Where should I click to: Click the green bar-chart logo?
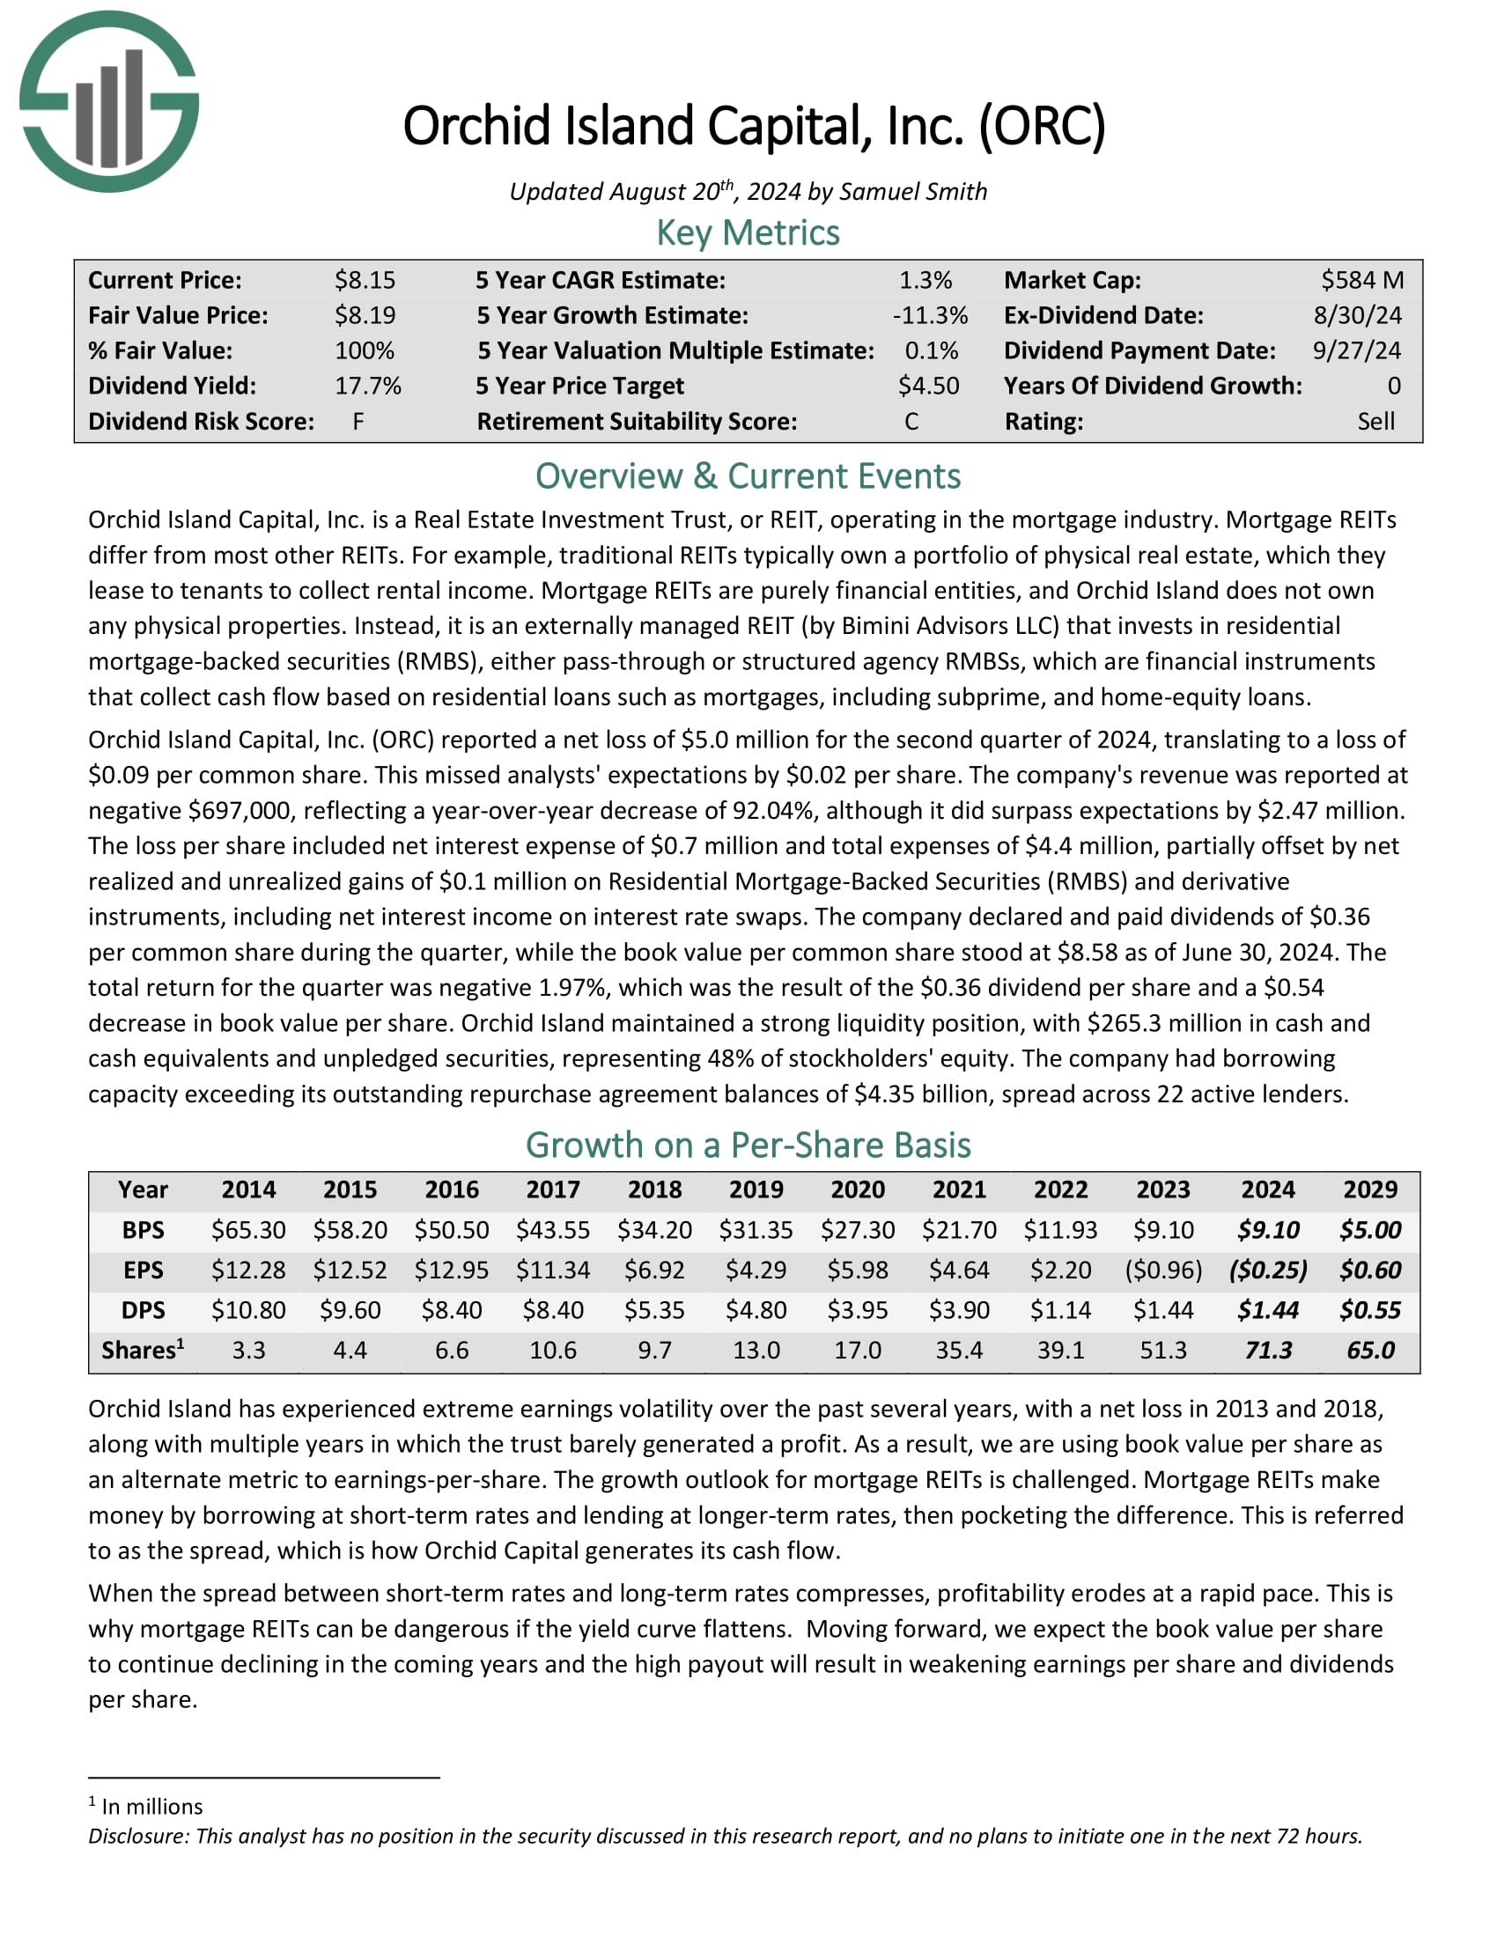click(109, 101)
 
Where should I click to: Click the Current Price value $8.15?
click(365, 280)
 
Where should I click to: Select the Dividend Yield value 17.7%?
click(367, 386)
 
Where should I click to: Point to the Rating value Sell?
click(1375, 421)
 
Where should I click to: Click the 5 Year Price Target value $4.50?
click(927, 386)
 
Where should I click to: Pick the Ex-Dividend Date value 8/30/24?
click(1357, 316)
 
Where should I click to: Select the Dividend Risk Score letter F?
click(358, 421)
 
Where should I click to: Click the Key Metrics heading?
click(748, 233)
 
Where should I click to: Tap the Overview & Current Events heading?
click(748, 476)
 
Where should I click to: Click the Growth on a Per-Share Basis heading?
click(748, 1145)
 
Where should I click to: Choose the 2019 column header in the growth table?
click(756, 1189)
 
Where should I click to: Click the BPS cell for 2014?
click(248, 1230)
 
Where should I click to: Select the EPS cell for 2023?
click(1162, 1270)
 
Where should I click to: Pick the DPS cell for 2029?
click(1370, 1310)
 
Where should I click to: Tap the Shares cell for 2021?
click(960, 1350)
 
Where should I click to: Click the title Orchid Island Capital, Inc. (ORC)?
click(754, 126)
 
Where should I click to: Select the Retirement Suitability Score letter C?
click(911, 421)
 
